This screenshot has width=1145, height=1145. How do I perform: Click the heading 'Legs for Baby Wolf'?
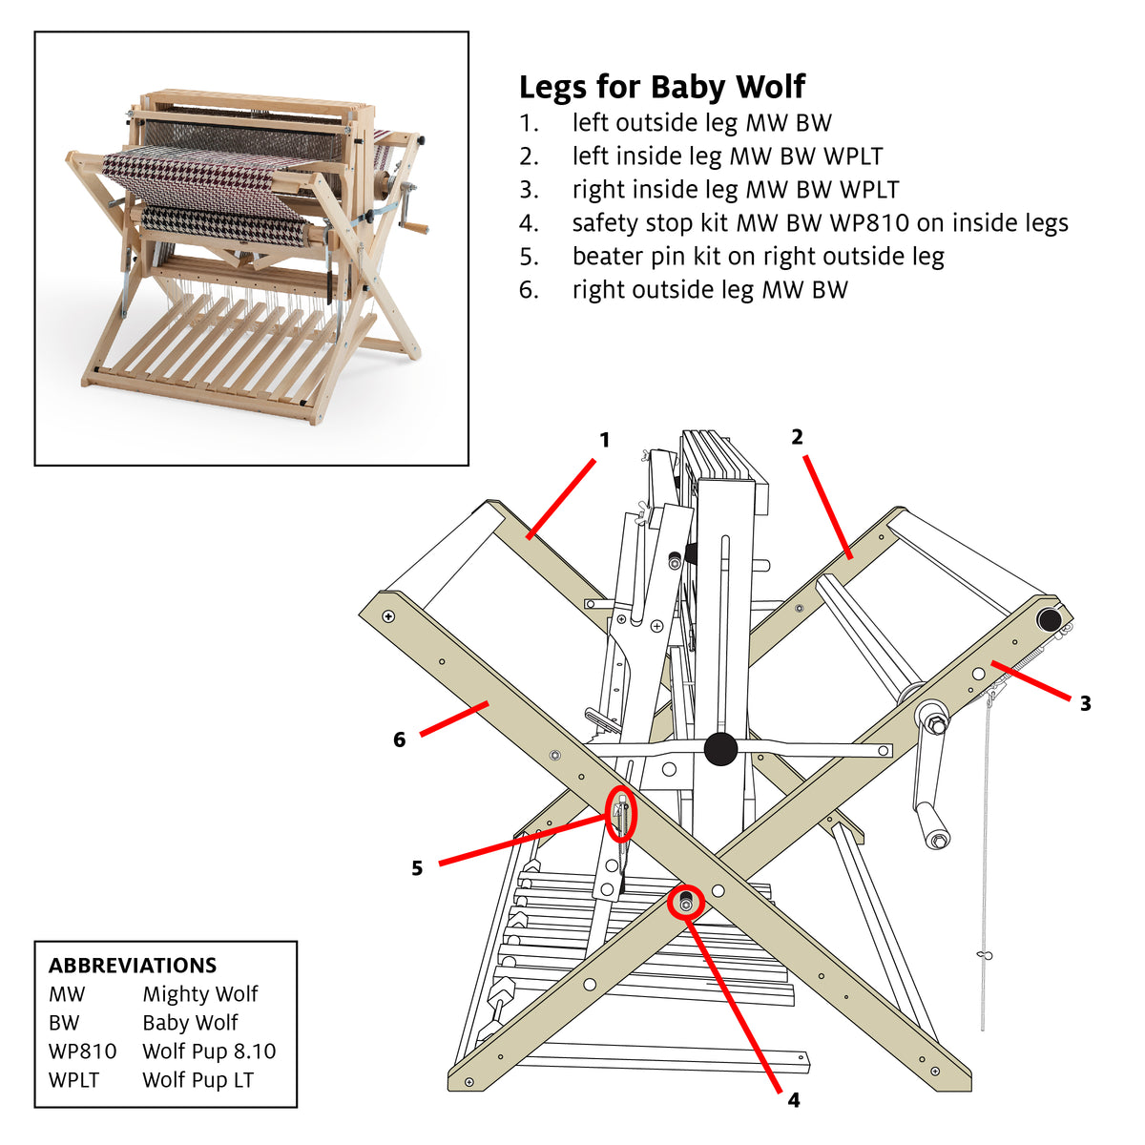coord(661,87)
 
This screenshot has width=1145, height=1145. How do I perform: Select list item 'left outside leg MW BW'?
coord(701,123)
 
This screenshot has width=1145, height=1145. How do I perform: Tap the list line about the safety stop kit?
coord(820,223)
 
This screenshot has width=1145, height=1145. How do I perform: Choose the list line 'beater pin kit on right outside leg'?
coord(758,257)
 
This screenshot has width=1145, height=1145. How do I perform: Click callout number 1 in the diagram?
coord(604,440)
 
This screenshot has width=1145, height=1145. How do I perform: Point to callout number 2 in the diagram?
coord(797,437)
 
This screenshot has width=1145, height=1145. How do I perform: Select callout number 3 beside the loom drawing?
coord(1085,704)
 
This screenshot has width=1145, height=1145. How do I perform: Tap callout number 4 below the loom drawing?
coord(793,1100)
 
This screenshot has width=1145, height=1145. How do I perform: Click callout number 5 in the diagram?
coord(417,868)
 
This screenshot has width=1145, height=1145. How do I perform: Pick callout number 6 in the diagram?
coord(399,739)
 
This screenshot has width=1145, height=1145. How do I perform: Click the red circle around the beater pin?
coord(622,816)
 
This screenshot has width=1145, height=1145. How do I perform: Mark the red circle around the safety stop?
coord(685,903)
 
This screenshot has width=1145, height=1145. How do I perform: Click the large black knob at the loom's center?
coord(720,749)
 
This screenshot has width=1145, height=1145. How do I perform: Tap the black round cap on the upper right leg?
coord(1050,620)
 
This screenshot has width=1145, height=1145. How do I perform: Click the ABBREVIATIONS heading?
coord(133,966)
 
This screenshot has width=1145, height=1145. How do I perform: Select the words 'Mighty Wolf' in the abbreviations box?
coord(200,994)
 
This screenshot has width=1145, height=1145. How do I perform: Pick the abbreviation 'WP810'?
coord(82,1051)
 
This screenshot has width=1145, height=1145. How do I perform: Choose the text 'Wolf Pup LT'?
coord(198,1080)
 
